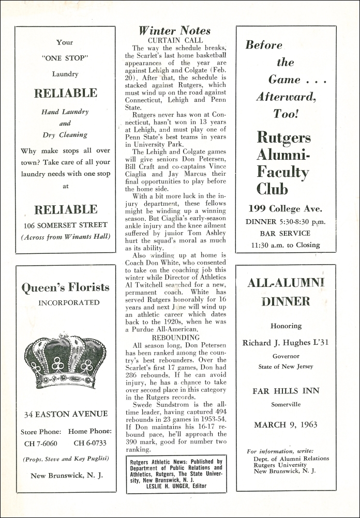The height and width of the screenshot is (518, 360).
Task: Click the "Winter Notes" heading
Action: [174, 31]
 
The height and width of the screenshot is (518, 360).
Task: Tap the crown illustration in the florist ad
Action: [66, 360]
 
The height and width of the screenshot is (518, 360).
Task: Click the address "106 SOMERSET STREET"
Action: [66, 225]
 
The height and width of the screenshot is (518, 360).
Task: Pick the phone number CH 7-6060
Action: [41, 443]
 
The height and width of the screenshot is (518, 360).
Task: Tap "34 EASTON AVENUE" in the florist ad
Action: [66, 414]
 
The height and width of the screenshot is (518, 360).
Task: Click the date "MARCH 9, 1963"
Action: [286, 425]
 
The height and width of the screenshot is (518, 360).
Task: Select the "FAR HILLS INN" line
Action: [286, 391]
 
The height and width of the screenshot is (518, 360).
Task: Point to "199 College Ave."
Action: [286, 209]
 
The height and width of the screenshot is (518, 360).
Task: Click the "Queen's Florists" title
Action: [66, 287]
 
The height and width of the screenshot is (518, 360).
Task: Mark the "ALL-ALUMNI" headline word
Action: [286, 282]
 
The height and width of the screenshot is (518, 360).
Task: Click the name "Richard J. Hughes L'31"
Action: [286, 343]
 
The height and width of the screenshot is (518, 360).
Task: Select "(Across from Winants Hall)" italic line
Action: [66, 237]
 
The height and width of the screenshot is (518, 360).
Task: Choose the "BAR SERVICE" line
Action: [286, 233]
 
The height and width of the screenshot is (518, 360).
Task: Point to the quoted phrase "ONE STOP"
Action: [65, 58]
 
